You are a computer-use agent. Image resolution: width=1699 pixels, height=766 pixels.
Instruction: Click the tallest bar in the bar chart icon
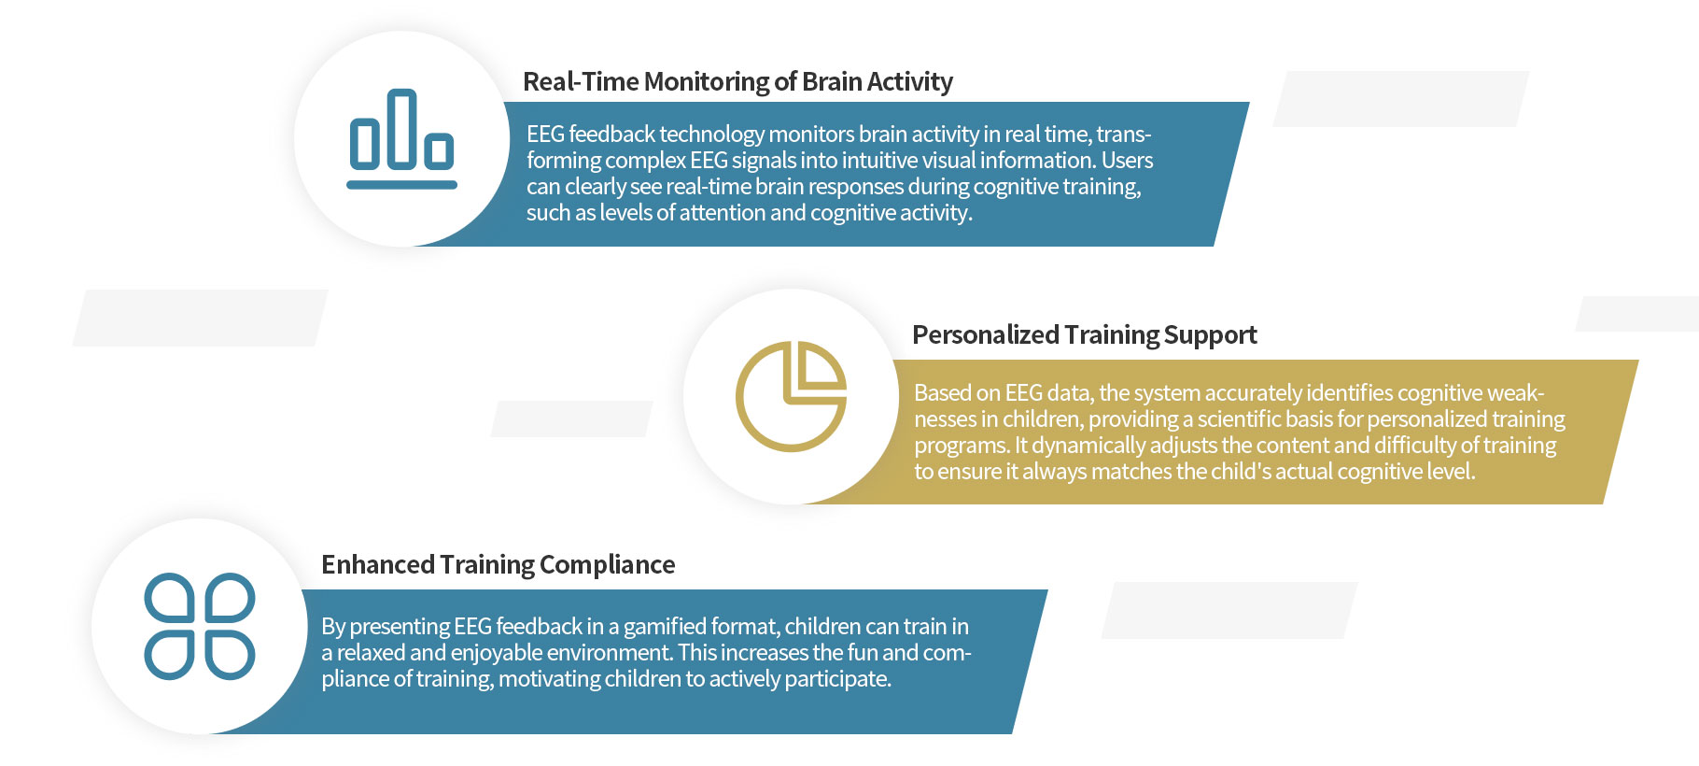tap(401, 129)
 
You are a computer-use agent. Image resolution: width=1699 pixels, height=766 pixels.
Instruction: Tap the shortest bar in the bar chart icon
tap(439, 150)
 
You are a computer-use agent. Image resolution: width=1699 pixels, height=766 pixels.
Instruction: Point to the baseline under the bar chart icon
tap(401, 185)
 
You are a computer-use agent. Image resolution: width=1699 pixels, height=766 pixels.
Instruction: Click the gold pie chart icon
tap(792, 397)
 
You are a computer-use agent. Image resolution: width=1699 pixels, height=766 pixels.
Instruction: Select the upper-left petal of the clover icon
tap(170, 598)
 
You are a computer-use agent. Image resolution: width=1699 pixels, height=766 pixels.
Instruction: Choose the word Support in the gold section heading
tap(1211, 335)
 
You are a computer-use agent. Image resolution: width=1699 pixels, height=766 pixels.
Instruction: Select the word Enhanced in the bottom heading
tap(378, 565)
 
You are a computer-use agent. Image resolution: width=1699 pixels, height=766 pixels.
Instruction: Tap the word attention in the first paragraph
tap(723, 213)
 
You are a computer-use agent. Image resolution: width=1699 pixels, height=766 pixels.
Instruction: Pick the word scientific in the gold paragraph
tap(1239, 419)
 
